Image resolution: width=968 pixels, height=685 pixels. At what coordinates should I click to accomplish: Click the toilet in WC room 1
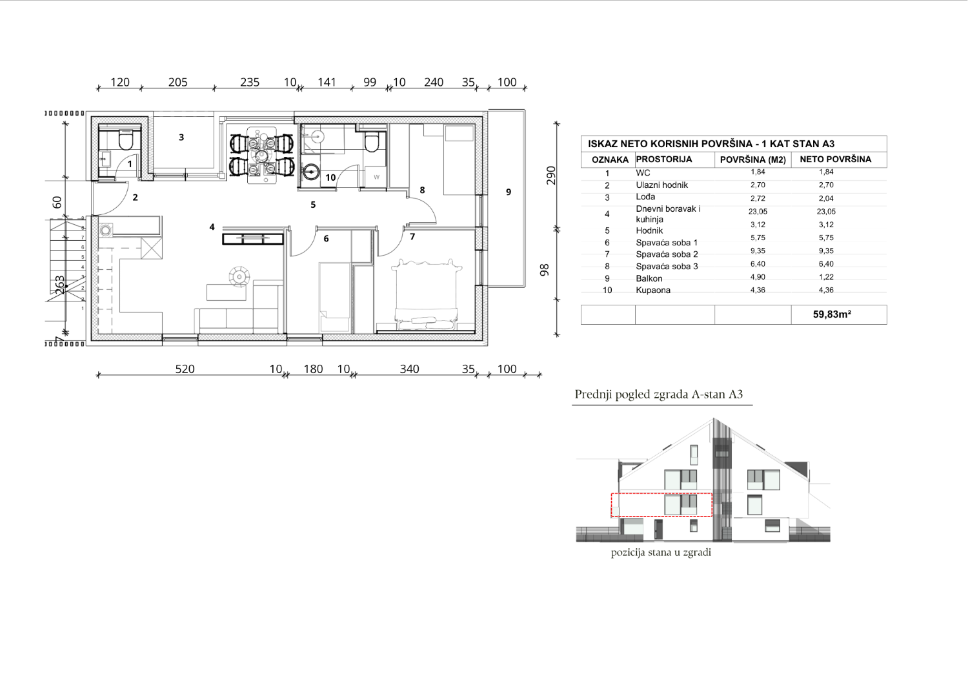125,141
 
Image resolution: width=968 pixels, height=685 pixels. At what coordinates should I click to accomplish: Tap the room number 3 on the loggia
181,137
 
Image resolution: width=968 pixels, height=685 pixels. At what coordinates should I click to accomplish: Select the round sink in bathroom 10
310,172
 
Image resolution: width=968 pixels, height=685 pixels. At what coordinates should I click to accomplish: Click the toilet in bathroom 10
371,142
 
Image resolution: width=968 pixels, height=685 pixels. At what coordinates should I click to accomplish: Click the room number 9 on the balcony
509,192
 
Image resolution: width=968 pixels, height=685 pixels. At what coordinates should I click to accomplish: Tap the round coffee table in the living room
239,276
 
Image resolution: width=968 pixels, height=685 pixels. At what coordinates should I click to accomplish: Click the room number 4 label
212,227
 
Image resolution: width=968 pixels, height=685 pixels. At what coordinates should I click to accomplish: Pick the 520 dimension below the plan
185,369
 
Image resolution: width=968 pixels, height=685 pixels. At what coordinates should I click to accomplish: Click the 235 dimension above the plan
250,82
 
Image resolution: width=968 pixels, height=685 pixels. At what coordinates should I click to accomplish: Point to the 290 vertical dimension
550,175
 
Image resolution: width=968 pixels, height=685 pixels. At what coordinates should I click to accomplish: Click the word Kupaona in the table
653,290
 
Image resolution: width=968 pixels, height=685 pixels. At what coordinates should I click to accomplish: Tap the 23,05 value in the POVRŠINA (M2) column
758,212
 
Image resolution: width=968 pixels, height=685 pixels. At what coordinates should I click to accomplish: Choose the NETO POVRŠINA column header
835,159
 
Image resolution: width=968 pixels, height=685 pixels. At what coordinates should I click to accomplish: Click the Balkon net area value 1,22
826,277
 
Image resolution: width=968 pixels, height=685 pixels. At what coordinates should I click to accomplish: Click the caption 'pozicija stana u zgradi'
661,553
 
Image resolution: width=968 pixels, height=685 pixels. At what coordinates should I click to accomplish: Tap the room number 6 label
327,238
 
